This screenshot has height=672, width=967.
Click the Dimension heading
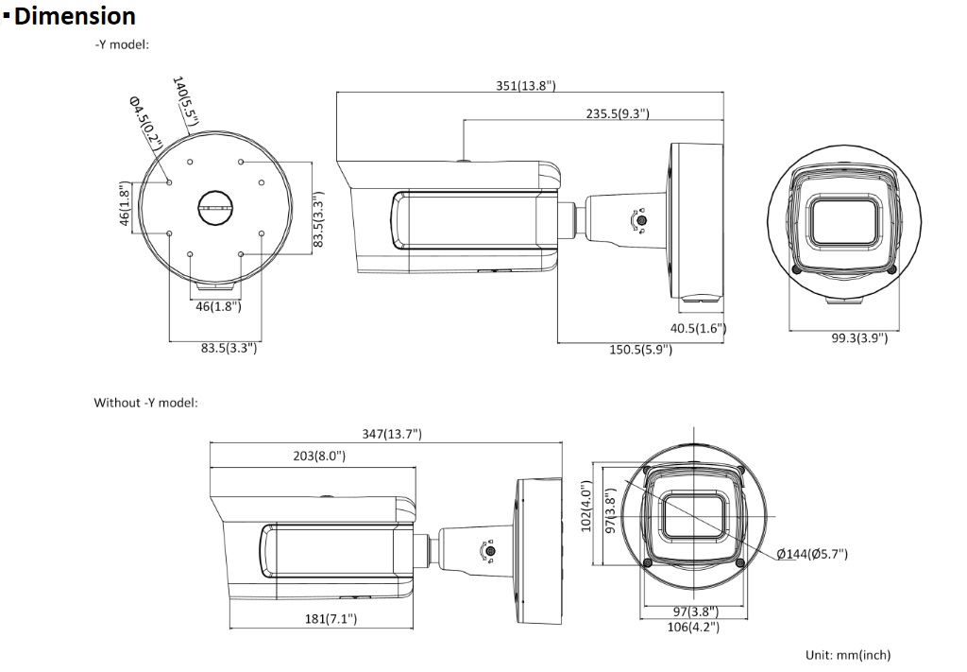(74, 17)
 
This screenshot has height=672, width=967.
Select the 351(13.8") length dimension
(525, 86)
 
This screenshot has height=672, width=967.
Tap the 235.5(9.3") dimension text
(617, 113)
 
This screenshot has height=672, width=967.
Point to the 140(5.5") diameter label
(185, 100)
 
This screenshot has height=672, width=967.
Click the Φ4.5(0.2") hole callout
(145, 123)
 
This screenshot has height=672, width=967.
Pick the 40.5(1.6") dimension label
(698, 328)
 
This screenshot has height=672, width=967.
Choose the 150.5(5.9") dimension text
(641, 350)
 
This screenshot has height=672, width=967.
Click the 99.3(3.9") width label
(859, 337)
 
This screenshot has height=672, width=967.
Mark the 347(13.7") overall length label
(392, 435)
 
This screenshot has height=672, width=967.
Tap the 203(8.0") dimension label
(319, 456)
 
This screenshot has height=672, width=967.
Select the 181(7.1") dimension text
(331, 618)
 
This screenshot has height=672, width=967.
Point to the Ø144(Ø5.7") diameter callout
(812, 554)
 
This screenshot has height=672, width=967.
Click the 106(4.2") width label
(693, 628)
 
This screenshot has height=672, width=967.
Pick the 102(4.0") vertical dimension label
(586, 507)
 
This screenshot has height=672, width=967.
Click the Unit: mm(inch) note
(848, 655)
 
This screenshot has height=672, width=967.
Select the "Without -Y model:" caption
(145, 403)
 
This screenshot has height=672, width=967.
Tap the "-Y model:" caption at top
(122, 45)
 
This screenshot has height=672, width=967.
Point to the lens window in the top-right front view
(843, 221)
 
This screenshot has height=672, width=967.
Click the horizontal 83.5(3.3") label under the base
(229, 348)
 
